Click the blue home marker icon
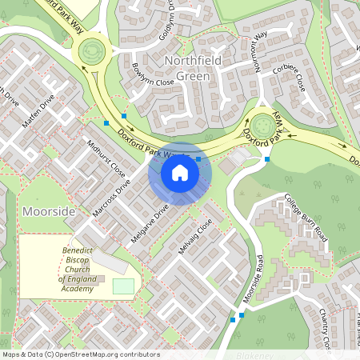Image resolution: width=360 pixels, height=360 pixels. [180, 173]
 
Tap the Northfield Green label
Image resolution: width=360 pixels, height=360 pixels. [186, 70]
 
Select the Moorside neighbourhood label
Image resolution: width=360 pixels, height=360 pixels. [50, 211]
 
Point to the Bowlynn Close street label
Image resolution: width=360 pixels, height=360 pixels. [152, 74]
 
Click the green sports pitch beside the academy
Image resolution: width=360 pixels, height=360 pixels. [123, 286]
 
